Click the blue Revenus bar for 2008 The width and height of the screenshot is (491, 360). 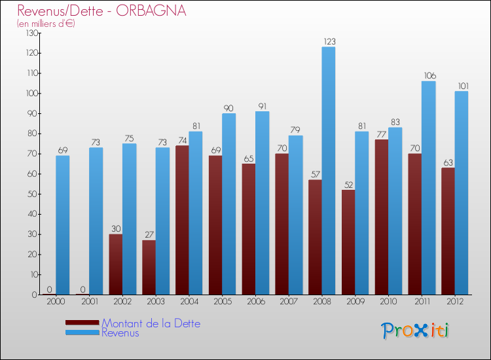329,170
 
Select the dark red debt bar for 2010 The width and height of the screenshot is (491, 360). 382,217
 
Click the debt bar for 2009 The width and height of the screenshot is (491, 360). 348,242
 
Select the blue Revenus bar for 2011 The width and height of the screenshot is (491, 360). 428,187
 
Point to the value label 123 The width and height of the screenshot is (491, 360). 329,42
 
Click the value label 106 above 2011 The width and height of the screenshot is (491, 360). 428,76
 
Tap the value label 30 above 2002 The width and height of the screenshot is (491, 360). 115,229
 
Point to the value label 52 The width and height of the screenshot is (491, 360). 348,185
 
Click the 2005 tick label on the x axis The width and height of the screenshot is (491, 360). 223,302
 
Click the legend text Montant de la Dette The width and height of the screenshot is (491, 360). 151,323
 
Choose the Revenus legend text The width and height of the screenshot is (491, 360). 120,333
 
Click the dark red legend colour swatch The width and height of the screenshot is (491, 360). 82,323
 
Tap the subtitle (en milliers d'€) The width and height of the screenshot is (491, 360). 46,24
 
